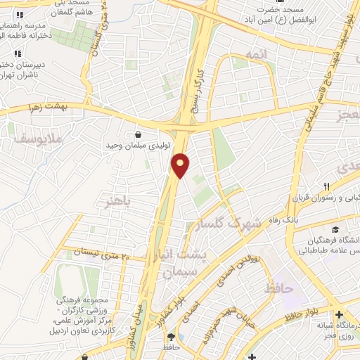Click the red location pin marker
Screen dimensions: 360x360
(x=181, y=165)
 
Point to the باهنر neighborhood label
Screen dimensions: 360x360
(x=118, y=202)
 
